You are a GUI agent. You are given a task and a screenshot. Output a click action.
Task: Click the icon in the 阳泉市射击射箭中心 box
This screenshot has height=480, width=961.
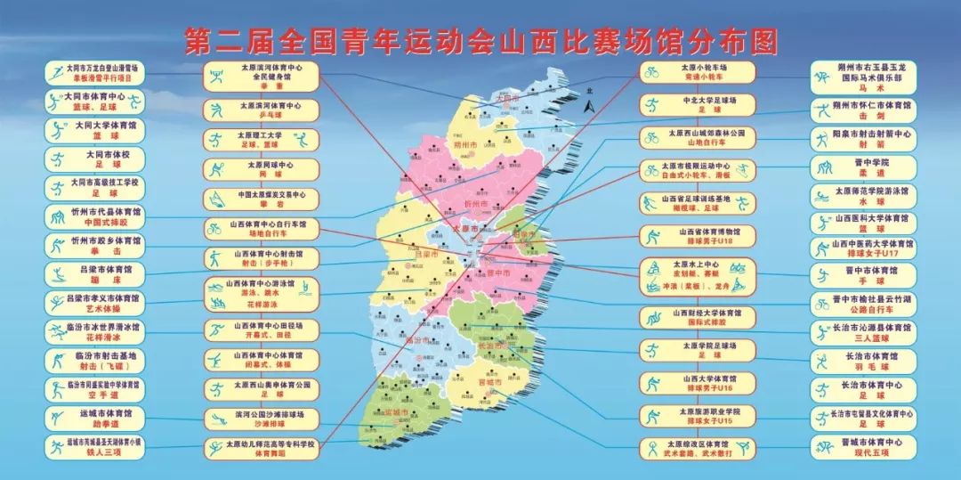pyautogui.click(x=824, y=138)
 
